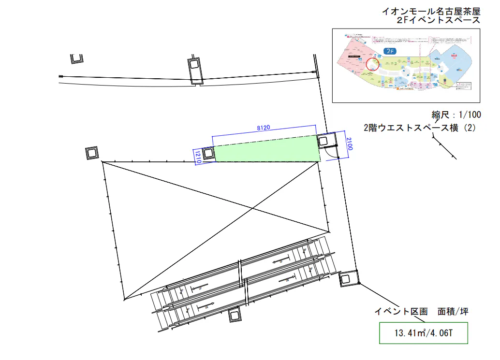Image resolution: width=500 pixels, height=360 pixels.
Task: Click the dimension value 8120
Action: point(263,128)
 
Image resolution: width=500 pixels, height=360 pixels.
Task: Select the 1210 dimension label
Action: point(198,156)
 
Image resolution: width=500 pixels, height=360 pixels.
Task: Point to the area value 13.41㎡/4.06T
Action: point(423,333)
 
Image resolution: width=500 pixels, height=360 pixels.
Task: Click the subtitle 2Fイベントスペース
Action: point(438,20)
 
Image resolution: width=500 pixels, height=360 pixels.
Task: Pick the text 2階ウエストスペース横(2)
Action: point(420,128)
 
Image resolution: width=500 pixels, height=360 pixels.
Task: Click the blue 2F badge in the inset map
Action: point(389,51)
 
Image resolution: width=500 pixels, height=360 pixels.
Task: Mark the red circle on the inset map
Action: point(373,64)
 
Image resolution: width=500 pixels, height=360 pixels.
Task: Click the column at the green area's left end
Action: point(208,154)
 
